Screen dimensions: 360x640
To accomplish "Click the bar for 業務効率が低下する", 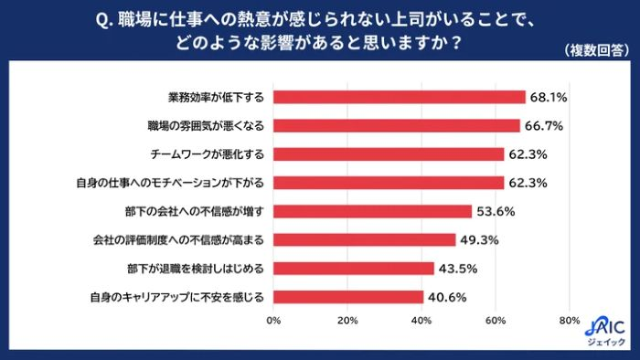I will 399,97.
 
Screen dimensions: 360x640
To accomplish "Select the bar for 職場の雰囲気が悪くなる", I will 396,125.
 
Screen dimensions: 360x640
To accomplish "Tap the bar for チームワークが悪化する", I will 388,154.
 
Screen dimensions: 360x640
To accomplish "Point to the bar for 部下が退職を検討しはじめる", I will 353,268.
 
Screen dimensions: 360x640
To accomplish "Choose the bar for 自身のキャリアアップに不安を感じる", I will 347,297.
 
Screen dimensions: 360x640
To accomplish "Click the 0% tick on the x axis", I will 272,321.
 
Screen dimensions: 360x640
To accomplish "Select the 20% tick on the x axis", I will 347,321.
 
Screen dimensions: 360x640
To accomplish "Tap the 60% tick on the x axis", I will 495,321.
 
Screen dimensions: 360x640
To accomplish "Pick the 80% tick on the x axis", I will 569,321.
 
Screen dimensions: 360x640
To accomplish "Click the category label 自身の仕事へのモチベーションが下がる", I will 171,183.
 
